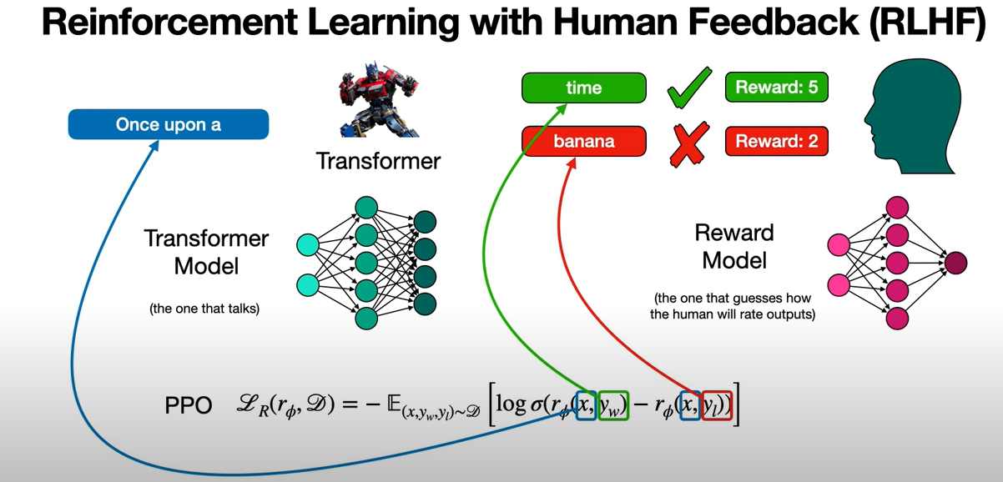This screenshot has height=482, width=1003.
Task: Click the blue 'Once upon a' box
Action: pyautogui.click(x=169, y=124)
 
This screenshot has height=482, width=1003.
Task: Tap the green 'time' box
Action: pyautogui.click(x=583, y=88)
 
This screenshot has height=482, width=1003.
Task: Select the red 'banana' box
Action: pyautogui.click(x=583, y=141)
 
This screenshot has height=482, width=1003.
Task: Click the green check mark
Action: pyautogui.click(x=688, y=88)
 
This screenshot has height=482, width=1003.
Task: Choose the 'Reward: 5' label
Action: pyautogui.click(x=776, y=87)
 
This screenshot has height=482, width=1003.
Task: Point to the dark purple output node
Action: pyautogui.click(x=956, y=264)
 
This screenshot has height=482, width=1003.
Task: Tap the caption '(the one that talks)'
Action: pyautogui.click(x=204, y=309)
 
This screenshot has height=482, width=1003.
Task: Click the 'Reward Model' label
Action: pyautogui.click(x=733, y=246)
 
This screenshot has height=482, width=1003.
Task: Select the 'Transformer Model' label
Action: pyautogui.click(x=206, y=252)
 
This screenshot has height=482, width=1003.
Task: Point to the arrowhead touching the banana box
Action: pyautogui.click(x=573, y=163)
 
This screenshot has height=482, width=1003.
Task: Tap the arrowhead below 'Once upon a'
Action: pyautogui.click(x=154, y=147)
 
